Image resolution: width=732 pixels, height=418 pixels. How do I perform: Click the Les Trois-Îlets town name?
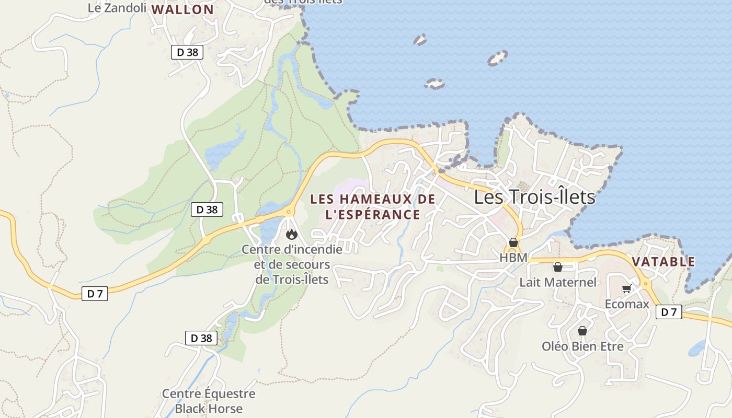tap(534, 197)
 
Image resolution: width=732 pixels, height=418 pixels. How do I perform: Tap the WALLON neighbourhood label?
tap(182, 9)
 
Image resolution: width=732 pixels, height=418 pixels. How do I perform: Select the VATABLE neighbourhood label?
tap(664, 262)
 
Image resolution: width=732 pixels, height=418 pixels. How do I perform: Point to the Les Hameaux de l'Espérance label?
tap(373, 207)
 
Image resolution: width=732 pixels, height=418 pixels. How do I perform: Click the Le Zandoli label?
tap(117, 8)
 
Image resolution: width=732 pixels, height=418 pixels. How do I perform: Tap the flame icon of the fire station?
tap(291, 235)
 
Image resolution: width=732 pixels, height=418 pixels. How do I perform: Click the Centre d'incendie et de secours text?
tap(292, 264)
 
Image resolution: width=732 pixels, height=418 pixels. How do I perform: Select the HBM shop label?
tap(513, 258)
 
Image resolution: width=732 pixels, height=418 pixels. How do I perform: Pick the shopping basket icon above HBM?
tap(513, 243)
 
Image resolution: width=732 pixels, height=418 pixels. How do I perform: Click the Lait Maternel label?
tap(557, 282)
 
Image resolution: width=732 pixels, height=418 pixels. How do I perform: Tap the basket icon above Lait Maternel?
tap(558, 268)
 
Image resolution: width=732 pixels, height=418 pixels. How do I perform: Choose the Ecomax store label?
tap(626, 304)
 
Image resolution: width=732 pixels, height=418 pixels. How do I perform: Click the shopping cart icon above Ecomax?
tap(626, 289)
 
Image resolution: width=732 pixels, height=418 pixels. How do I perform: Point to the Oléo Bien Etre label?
tap(582, 346)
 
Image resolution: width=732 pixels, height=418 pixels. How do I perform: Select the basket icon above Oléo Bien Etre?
tap(582, 331)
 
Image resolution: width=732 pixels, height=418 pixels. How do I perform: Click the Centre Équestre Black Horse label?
tap(209, 401)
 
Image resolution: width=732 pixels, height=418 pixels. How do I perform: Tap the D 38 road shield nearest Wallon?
tap(187, 52)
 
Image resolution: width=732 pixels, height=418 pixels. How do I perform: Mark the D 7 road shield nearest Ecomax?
tap(669, 312)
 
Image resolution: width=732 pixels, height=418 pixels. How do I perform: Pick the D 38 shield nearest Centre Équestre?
tap(201, 338)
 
